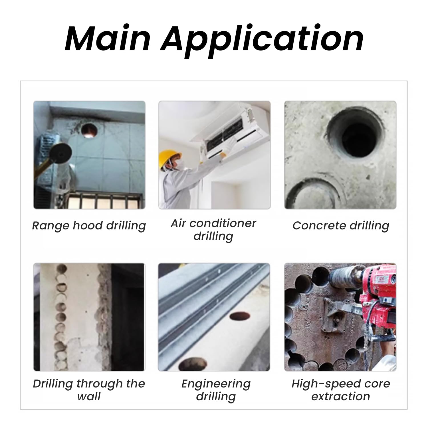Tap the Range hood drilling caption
(x=89, y=226)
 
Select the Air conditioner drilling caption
(x=213, y=230)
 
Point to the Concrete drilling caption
(x=341, y=226)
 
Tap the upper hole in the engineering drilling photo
(x=240, y=316)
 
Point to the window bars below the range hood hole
(x=104, y=201)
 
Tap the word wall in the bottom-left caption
(x=89, y=396)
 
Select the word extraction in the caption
(x=341, y=396)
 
